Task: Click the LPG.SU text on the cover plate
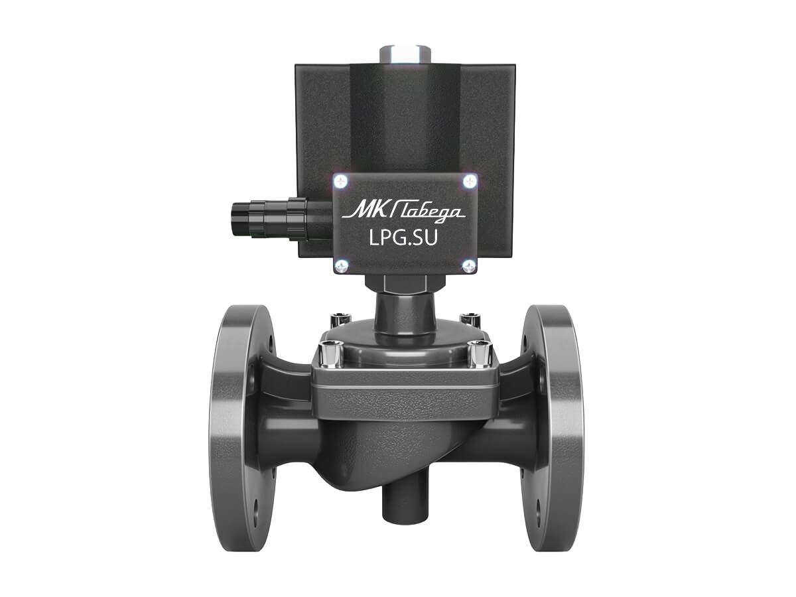(x=403, y=238)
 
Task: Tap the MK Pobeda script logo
(x=403, y=211)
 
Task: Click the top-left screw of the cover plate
(x=341, y=181)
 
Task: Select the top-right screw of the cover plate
(x=470, y=180)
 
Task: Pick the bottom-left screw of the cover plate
(x=341, y=267)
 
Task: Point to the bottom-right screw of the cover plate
(x=469, y=266)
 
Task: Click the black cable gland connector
(x=281, y=220)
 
